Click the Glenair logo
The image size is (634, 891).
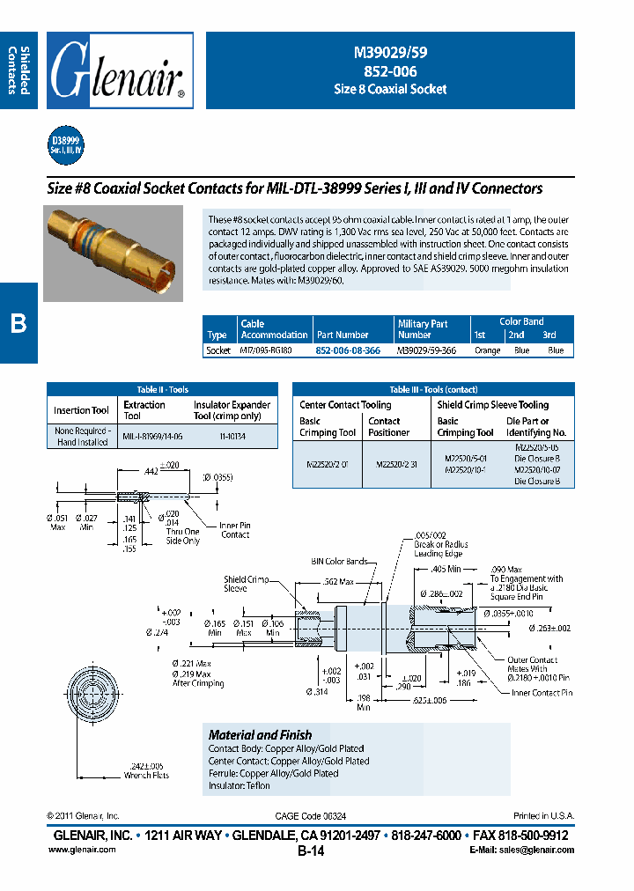119,70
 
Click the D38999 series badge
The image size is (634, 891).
66,144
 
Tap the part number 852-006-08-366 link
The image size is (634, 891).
348,350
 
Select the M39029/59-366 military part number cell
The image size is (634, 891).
427,350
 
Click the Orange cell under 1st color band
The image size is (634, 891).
487,350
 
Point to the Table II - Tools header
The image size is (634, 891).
163,389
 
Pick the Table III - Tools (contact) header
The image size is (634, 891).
432,389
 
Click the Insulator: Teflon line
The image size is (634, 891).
240,785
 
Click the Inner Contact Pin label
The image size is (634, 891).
542,693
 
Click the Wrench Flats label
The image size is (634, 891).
147,775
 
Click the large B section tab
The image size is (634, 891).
18,323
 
